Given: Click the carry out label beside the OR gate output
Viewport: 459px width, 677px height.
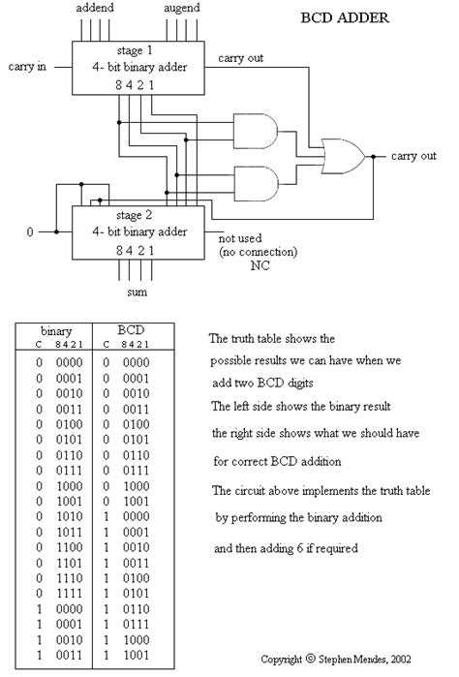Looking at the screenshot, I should (x=414, y=155).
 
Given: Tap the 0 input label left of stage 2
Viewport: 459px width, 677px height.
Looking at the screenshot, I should (x=29, y=232).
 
